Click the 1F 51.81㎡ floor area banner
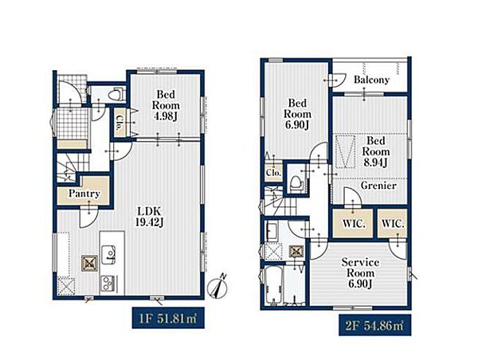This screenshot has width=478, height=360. point(168,318)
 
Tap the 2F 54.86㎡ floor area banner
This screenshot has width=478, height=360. point(374,325)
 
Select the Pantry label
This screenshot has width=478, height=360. point(84,194)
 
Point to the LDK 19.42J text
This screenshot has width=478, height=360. point(150,217)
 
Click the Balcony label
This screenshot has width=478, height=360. point(371,80)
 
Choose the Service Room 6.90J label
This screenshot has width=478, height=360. point(360,273)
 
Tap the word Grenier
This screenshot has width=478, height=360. point(378,186)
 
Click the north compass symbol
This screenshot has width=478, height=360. point(217,287)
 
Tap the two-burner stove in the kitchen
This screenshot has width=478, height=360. point(108,284)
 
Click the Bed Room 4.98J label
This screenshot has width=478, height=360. point(166,105)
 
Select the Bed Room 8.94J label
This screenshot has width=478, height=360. point(376,151)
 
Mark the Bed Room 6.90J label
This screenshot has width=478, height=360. point(297,114)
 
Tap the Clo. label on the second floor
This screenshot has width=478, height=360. point(273,173)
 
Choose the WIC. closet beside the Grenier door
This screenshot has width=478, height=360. point(353,224)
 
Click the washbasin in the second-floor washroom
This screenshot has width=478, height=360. point(272,232)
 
